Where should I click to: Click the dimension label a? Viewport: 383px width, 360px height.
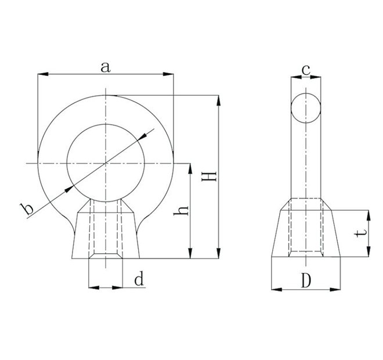(105, 67)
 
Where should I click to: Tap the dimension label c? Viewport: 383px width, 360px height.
(306, 70)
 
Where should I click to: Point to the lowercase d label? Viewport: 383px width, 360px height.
(139, 280)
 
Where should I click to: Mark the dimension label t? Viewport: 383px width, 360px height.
(361, 233)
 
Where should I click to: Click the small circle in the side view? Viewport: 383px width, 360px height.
(306, 108)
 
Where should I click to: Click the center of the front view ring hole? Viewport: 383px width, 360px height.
(106, 164)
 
